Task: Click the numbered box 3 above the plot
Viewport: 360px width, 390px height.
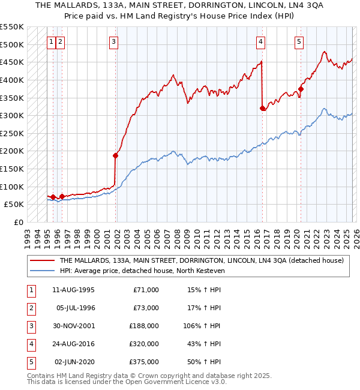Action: coord(114,41)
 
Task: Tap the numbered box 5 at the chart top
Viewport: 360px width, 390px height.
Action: coord(299,41)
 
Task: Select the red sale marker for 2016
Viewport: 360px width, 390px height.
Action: coord(262,108)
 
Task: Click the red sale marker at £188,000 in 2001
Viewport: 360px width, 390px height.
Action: coord(115,155)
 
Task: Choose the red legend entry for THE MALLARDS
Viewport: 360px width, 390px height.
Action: coord(201,261)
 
